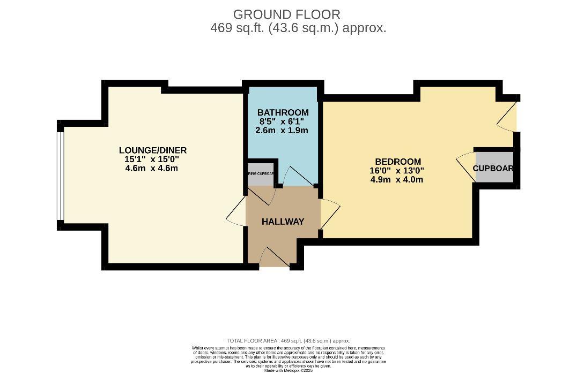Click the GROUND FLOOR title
pos(286,14)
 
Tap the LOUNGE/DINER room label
pos(152,150)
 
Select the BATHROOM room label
pos(283,112)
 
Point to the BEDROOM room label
pos(397,162)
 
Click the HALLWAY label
pos(283,222)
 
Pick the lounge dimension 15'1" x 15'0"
pos(152,159)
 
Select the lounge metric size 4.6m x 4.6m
pos(152,168)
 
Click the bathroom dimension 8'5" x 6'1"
pos(283,121)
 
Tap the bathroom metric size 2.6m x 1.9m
pos(283,130)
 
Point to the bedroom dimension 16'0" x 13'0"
pos(397,171)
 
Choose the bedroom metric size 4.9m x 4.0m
pos(397,179)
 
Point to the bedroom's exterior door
pos(508,115)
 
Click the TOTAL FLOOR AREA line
pos(288,340)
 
